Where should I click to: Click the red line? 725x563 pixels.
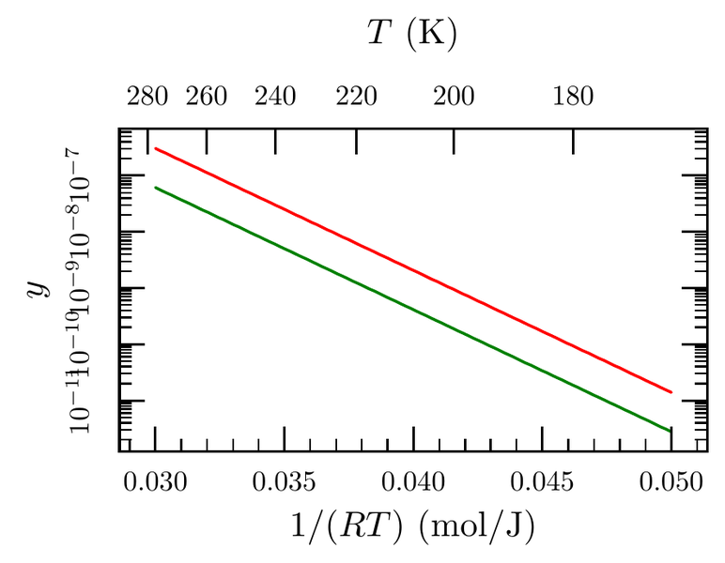click(413, 270)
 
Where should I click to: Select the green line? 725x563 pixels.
click(413, 310)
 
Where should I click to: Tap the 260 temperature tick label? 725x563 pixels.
click(207, 97)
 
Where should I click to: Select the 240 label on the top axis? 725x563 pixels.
click(275, 97)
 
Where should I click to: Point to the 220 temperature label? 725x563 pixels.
click(356, 97)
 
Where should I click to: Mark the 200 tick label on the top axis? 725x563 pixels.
click(455, 97)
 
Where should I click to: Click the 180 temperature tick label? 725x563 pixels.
click(574, 97)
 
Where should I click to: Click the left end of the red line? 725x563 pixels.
click(155, 148)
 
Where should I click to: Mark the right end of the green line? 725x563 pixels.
click(671, 432)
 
